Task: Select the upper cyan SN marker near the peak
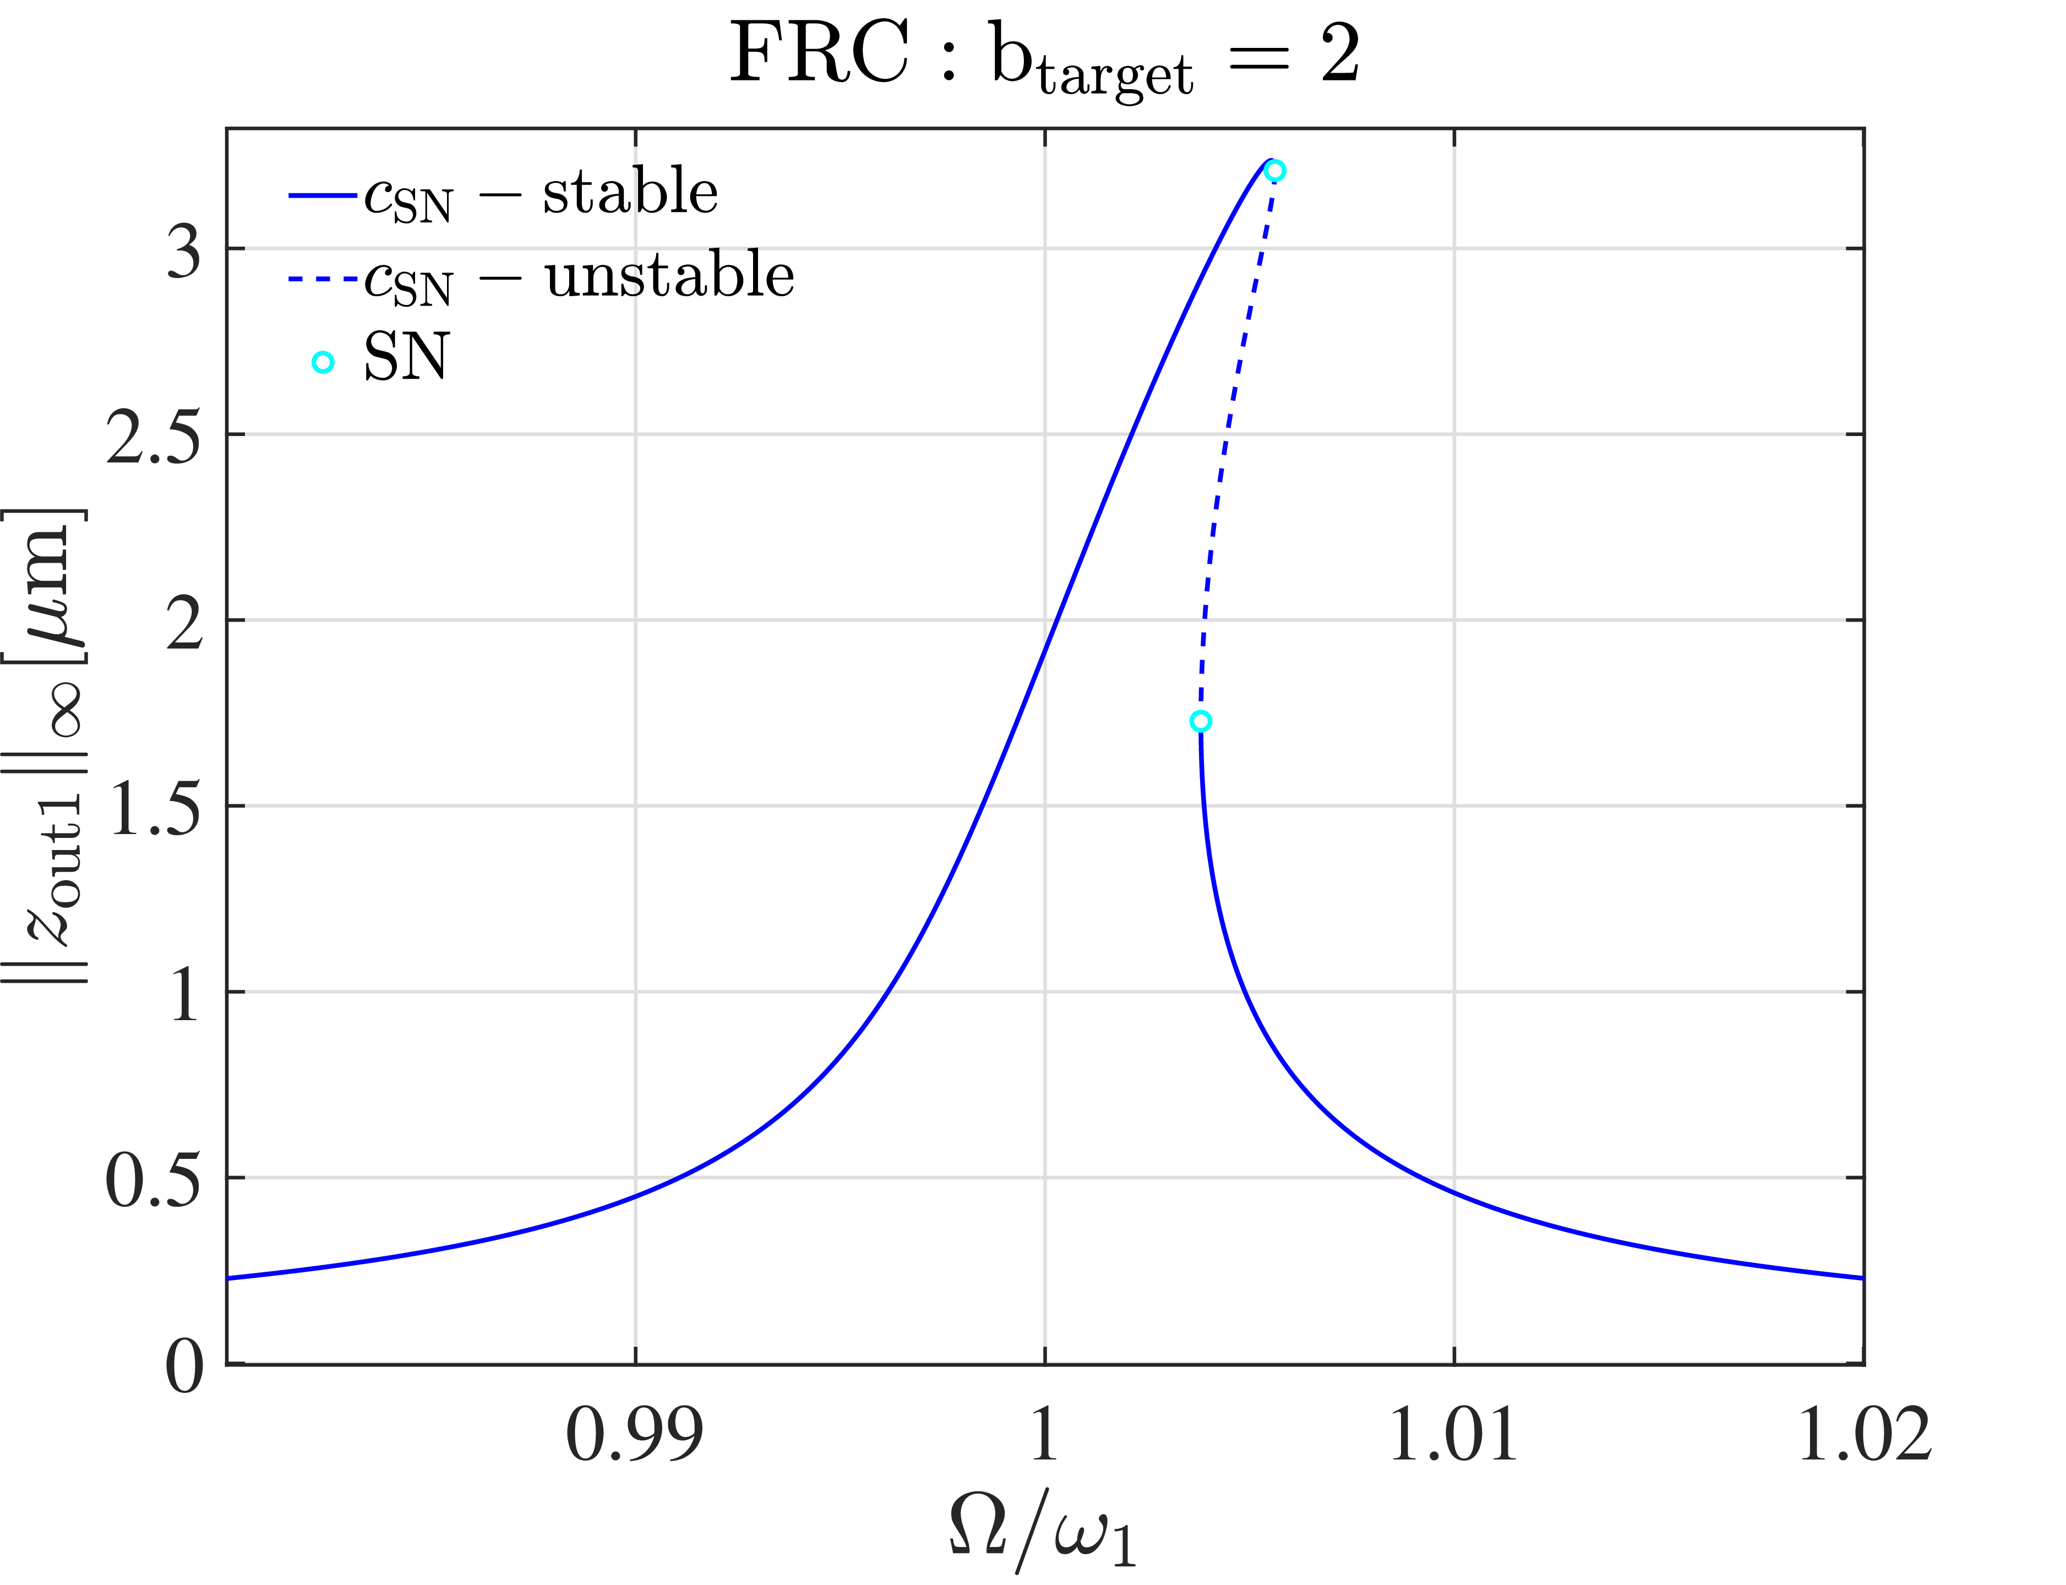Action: [1274, 171]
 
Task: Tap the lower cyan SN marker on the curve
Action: [1200, 722]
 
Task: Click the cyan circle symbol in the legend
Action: [323, 362]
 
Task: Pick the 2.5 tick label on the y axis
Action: [154, 437]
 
